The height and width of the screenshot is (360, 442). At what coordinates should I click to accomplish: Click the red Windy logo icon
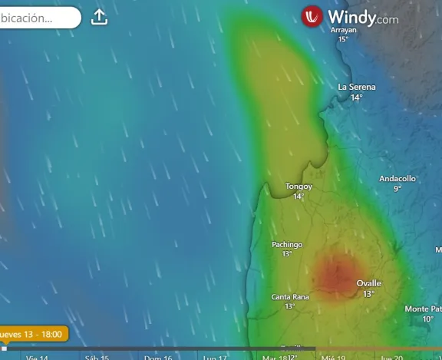point(312,17)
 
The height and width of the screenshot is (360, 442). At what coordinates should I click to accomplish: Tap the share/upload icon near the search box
point(99,17)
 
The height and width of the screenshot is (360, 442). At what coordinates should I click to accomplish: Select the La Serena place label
point(357,88)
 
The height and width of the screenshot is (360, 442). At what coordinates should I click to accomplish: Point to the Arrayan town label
point(343,30)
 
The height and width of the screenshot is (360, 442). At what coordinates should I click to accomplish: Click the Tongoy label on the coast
point(299,187)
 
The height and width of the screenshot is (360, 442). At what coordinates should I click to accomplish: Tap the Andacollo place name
point(397,179)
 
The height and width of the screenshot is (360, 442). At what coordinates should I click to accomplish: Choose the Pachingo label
point(287,245)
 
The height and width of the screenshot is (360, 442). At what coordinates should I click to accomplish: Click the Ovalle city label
point(368,284)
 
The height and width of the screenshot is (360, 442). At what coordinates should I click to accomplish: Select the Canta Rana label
point(290,297)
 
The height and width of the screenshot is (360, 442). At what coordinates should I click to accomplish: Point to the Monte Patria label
point(423,309)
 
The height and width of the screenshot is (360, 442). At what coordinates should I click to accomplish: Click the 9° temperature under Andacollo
point(397,189)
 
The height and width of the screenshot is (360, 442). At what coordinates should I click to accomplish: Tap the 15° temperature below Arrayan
point(343,39)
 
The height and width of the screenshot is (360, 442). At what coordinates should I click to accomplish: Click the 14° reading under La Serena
point(357,97)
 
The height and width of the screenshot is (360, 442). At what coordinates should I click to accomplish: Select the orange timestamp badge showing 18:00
point(33,334)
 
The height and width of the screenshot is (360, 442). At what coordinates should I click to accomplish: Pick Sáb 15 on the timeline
point(97,357)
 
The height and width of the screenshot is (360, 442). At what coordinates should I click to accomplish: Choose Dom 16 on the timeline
point(157,357)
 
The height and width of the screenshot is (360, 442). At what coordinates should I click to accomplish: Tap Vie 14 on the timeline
point(37,357)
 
